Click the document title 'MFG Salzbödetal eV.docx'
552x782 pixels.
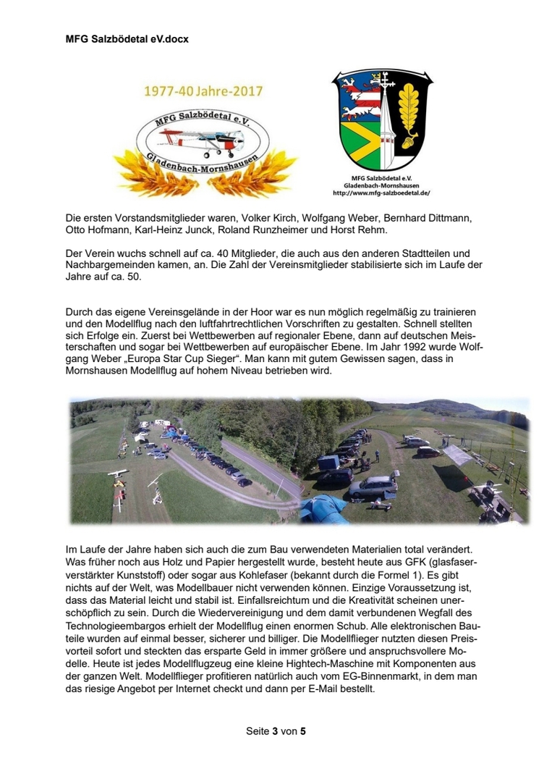127,38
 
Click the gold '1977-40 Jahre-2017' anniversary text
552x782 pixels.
203,92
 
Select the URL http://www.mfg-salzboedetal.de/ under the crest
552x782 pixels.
381,193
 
